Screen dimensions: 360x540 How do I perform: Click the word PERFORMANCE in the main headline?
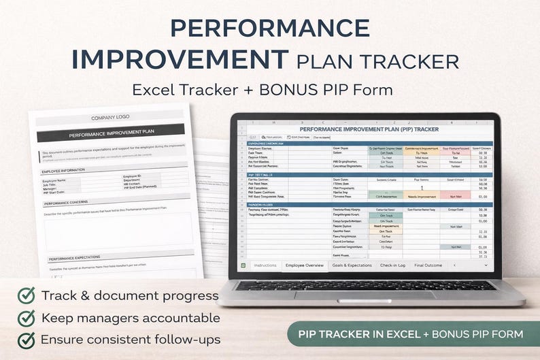tap(269, 28)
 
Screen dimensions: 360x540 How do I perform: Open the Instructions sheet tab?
tap(265, 265)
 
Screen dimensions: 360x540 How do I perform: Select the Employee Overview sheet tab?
tap(304, 265)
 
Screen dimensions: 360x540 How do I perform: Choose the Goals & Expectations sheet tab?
tap(353, 265)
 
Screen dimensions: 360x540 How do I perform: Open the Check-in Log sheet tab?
tap(393, 265)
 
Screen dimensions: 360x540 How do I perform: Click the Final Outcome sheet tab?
tap(428, 265)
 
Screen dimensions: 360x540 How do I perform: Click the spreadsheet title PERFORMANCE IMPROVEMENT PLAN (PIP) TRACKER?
tap(369, 129)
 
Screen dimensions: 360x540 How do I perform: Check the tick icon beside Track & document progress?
tap(26, 295)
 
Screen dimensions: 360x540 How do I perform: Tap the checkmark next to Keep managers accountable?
tap(26, 318)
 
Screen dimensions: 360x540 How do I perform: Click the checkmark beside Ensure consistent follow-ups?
tap(26, 340)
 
